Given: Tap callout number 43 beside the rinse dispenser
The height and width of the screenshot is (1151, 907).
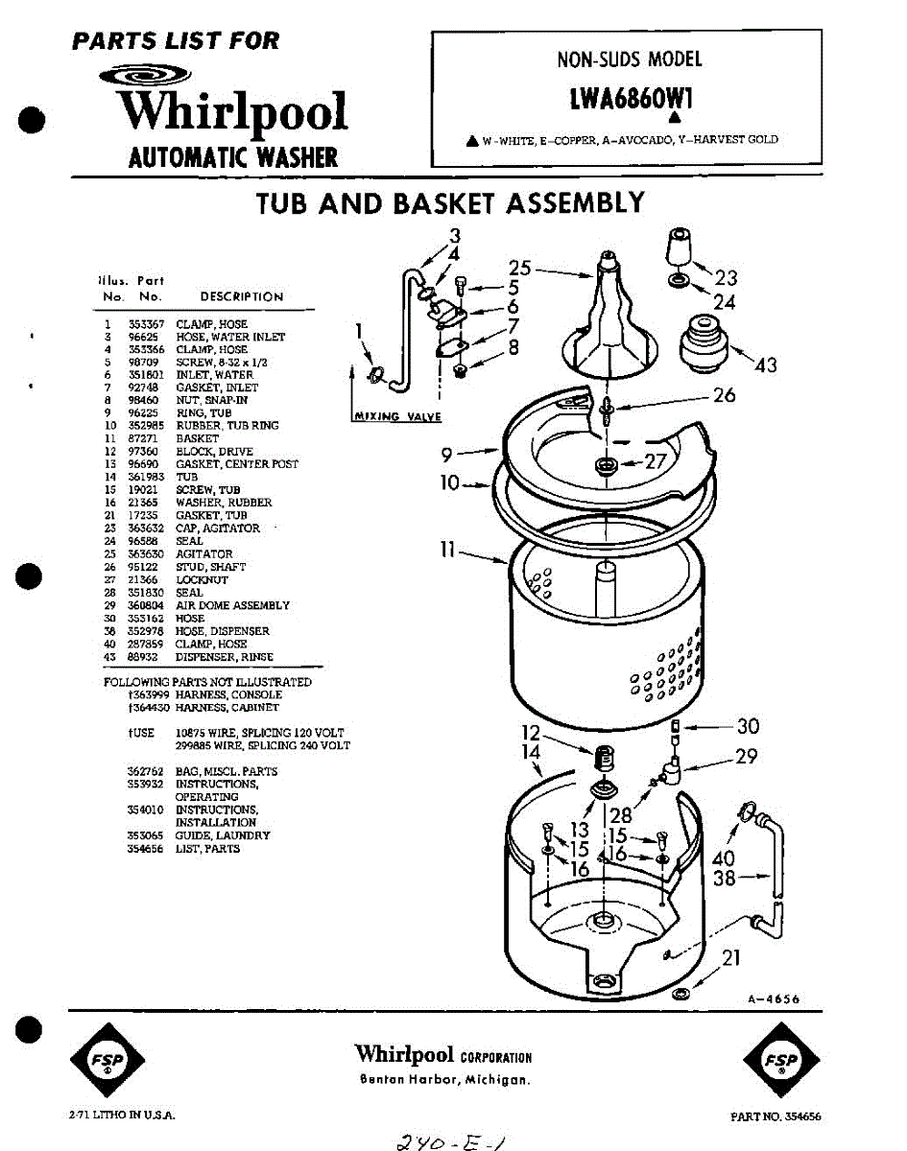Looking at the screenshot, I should tap(766, 364).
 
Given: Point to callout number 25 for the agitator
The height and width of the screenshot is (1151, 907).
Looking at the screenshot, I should tap(520, 269).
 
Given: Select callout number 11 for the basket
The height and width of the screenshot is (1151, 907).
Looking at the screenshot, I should tap(447, 551).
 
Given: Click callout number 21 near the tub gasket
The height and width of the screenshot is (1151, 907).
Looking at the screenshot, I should tap(730, 956).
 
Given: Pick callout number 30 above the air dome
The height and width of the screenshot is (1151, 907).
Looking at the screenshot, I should tap(748, 726).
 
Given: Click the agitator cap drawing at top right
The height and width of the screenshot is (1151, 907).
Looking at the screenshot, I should tap(680, 250).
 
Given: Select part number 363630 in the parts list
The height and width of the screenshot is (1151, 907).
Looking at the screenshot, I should tap(146, 554).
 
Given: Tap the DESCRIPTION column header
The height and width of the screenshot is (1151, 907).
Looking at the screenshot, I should tap(241, 297).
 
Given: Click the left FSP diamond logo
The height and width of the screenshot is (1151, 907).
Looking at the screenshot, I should tap(108, 1060).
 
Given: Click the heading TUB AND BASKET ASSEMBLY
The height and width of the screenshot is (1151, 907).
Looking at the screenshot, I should tap(450, 204).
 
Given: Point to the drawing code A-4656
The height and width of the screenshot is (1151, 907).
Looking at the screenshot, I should tap(773, 998).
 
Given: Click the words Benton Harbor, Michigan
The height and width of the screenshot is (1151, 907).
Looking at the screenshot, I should tap(443, 1080).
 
